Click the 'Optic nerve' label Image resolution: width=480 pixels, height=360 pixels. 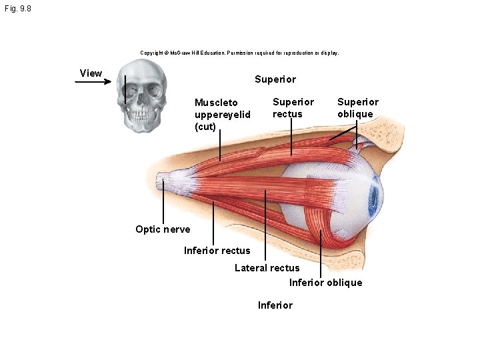coord(163,229)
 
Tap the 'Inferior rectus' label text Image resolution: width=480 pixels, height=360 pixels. coord(217,251)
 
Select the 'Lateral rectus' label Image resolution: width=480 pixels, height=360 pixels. coord(267,268)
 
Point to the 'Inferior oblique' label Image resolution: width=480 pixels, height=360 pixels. coord(326,282)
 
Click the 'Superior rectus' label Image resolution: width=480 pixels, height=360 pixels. coord(293,108)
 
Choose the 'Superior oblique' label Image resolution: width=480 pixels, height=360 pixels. coord(358,108)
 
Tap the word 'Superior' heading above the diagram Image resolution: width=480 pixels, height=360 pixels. coord(275,79)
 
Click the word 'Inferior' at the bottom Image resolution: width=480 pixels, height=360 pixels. coord(275,305)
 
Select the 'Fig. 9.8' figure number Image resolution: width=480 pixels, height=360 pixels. coord(18,9)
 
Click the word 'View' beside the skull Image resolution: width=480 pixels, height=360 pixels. coord(91,73)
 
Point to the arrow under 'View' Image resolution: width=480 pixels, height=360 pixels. coord(93,81)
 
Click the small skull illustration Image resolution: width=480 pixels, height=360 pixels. coord(142,96)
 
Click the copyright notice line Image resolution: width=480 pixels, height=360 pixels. coord(239,53)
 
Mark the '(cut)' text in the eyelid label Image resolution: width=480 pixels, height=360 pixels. coord(205,127)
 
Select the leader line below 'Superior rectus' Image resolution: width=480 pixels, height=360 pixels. coord(291,137)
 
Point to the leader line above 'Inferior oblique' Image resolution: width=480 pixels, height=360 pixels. coord(321,254)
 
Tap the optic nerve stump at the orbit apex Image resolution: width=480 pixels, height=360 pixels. coord(163,181)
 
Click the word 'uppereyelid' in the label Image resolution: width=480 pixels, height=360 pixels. coord(223,115)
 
